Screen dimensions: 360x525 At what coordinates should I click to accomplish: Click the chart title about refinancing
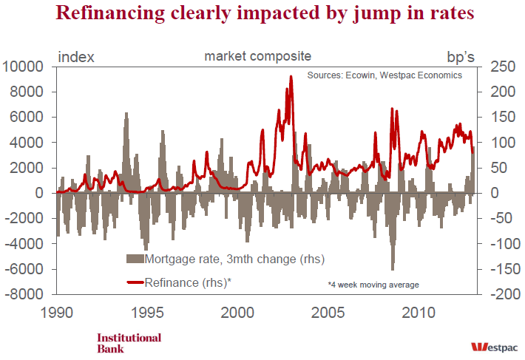point(262,14)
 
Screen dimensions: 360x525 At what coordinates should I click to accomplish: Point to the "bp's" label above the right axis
point(464,56)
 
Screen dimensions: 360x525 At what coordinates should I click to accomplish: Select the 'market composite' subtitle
point(258,56)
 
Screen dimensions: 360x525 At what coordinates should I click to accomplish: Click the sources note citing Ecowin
point(385,75)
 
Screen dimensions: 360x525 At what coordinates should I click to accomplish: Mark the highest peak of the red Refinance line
point(291,77)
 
